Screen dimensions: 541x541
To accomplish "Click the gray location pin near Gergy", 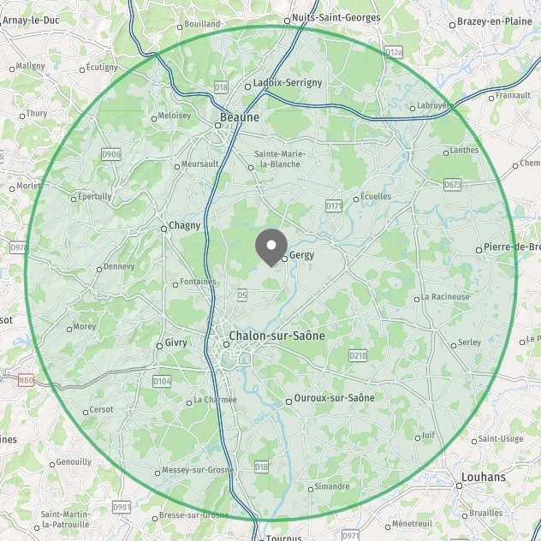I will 271,246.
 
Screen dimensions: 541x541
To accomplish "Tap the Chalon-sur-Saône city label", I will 276,336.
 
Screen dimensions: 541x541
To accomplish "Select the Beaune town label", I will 240,117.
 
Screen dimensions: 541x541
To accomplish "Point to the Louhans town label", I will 483,477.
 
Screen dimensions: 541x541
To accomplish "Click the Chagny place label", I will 184,226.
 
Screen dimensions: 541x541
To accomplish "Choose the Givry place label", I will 175,342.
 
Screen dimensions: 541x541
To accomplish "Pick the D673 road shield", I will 453,184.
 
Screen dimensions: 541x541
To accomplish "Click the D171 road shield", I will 334,205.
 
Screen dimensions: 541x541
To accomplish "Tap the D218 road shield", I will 358,354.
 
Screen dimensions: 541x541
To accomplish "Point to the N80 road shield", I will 26,378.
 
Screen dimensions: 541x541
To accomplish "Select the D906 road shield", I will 111,154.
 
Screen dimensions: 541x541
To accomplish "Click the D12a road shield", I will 393,52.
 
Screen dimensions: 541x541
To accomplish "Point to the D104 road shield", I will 161,380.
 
